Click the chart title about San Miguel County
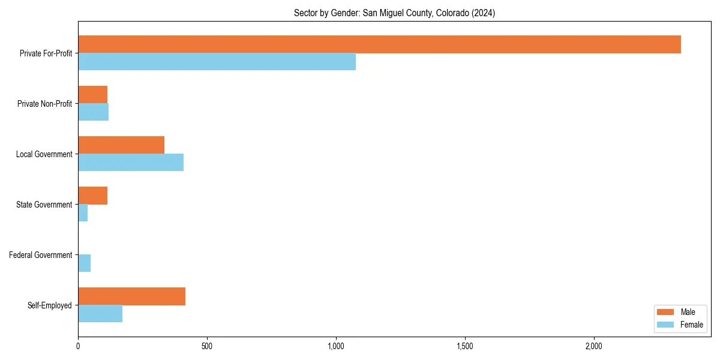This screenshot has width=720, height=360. (x=394, y=13)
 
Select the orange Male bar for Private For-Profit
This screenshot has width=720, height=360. (x=379, y=44)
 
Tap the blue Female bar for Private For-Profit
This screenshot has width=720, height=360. (x=217, y=62)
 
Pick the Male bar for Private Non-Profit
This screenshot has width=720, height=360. (x=92, y=95)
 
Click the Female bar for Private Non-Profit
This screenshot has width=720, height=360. (x=93, y=112)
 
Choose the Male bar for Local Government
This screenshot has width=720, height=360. (x=121, y=145)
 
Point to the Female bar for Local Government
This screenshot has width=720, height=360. (x=131, y=163)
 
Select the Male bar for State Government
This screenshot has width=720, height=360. (x=92, y=196)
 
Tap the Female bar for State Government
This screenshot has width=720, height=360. (x=83, y=213)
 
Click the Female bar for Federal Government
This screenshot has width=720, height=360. (x=84, y=263)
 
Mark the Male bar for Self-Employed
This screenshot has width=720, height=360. (x=131, y=296)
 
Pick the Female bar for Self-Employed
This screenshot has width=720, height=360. (x=100, y=314)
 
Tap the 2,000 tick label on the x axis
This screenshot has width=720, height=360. (x=594, y=346)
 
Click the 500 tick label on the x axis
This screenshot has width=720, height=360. (x=207, y=346)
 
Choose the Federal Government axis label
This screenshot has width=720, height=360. (x=41, y=255)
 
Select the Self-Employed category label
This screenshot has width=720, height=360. (x=50, y=305)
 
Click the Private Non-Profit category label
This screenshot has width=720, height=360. (x=44, y=104)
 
